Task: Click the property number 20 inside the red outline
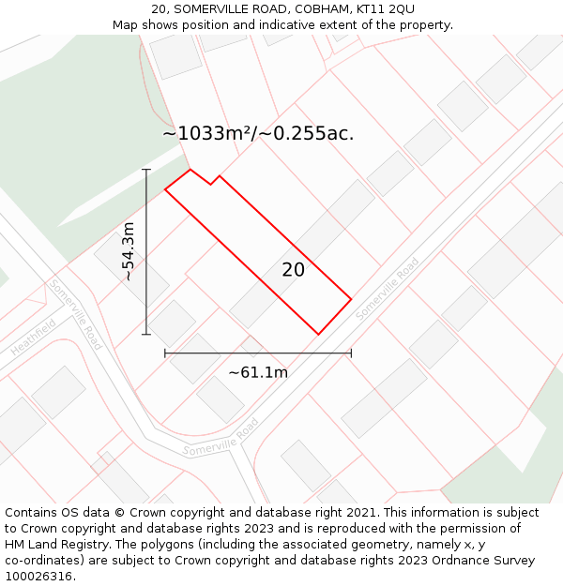click(293, 270)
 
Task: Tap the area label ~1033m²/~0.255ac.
click(258, 133)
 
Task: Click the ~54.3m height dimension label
click(129, 251)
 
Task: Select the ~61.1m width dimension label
click(258, 372)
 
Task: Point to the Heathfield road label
click(34, 337)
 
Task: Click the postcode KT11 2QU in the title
click(388, 9)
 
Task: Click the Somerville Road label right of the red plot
click(388, 289)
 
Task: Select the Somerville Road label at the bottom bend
click(221, 438)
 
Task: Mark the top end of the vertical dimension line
click(146, 170)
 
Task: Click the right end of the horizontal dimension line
click(351, 353)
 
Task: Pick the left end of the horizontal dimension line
click(165, 353)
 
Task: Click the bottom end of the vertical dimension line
click(146, 334)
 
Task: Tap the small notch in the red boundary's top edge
click(212, 183)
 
